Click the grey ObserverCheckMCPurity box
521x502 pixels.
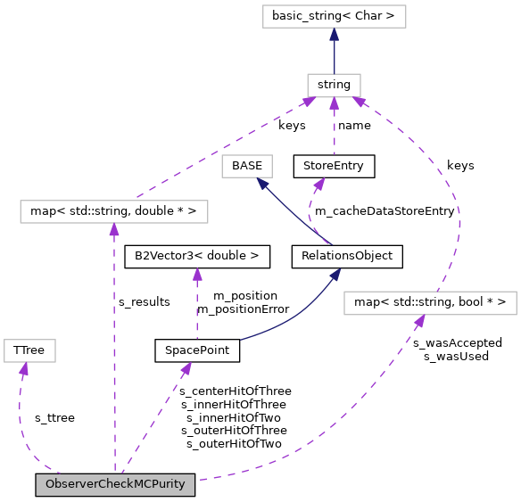click(x=115, y=485)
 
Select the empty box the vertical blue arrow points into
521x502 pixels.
click(x=334, y=16)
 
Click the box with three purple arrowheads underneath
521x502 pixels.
click(x=334, y=86)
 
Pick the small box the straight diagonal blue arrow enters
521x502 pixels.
click(x=246, y=166)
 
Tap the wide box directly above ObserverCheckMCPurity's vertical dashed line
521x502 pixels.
click(x=114, y=211)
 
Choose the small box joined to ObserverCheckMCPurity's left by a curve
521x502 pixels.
click(x=29, y=350)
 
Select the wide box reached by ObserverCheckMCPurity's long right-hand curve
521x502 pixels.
click(x=430, y=303)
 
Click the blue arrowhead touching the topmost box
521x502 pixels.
click(x=334, y=35)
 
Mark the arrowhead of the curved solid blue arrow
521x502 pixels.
click(x=335, y=276)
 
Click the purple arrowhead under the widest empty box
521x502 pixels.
click(x=114, y=230)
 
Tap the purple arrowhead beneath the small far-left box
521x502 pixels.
click(x=24, y=368)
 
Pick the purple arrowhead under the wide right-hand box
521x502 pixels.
click(x=419, y=321)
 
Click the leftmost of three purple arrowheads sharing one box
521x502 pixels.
click(x=309, y=102)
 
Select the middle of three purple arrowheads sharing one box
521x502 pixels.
click(x=334, y=103)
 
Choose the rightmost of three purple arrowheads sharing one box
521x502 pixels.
click(x=358, y=102)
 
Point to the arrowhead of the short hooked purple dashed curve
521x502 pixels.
click(x=319, y=184)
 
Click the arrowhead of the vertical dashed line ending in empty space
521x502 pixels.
click(x=197, y=275)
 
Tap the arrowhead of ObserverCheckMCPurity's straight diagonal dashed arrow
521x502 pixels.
click(x=186, y=367)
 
